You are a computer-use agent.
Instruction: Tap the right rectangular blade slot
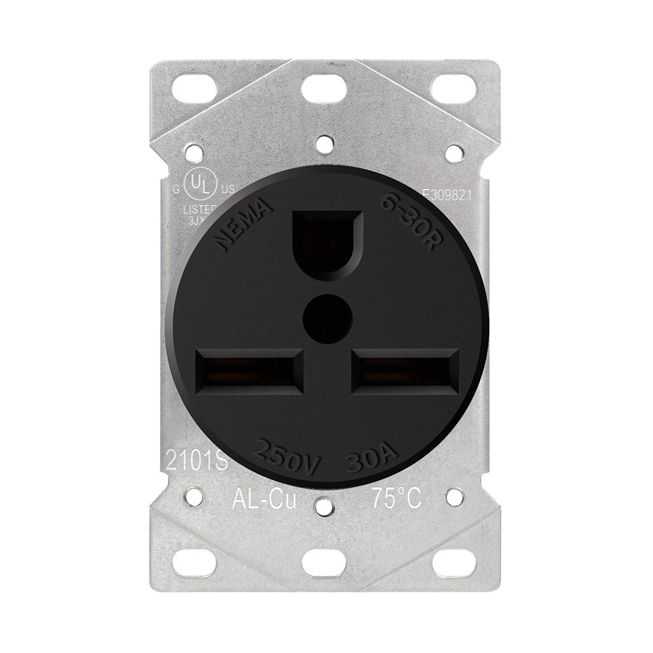click(x=403, y=371)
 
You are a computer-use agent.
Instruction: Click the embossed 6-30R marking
click(x=411, y=223)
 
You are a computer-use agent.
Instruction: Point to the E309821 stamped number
click(x=447, y=193)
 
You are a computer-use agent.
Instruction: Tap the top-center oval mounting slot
click(x=325, y=87)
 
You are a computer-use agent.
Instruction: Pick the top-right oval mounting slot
click(x=453, y=87)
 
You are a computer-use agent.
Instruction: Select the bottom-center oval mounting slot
click(x=325, y=563)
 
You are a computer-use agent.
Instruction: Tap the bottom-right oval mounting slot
click(x=453, y=563)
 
